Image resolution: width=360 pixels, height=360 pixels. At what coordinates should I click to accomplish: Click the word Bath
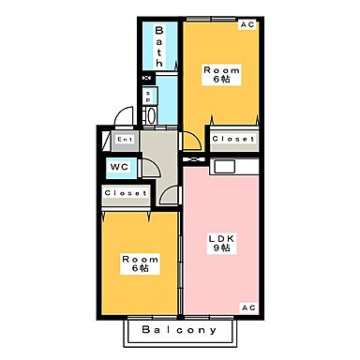point(159,46)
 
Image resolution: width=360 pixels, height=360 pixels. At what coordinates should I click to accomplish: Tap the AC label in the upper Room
point(247,25)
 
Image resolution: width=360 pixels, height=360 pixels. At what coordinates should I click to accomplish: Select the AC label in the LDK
point(247,307)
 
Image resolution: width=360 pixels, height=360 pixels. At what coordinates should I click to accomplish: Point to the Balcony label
point(180,330)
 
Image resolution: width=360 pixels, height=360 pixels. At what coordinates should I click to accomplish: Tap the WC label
point(119,167)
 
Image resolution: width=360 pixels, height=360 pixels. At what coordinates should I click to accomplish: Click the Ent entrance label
point(125,140)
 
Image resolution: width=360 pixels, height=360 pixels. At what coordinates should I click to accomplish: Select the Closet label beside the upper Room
point(232,139)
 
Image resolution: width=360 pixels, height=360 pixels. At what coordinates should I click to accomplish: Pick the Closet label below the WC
point(125,193)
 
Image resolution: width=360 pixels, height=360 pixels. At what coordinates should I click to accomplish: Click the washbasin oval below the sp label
point(150,116)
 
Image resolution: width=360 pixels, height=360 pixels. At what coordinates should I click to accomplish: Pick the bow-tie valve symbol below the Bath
point(145,80)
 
